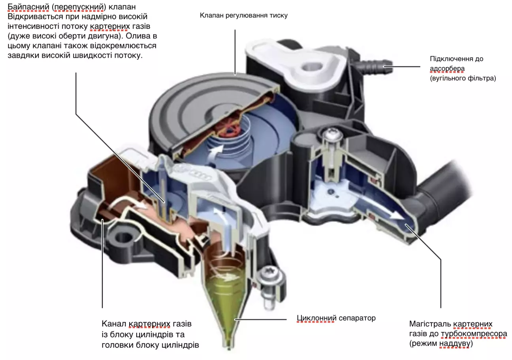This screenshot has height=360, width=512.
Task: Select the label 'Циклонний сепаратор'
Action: (x=336, y=318)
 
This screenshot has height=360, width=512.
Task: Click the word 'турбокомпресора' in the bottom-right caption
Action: (x=474, y=334)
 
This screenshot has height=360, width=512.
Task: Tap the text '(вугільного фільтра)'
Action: (x=463, y=78)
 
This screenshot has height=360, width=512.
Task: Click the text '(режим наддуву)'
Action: (x=441, y=344)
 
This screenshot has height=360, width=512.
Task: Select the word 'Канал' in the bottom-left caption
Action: (x=114, y=324)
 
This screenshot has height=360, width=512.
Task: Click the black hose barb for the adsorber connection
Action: (x=375, y=65)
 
